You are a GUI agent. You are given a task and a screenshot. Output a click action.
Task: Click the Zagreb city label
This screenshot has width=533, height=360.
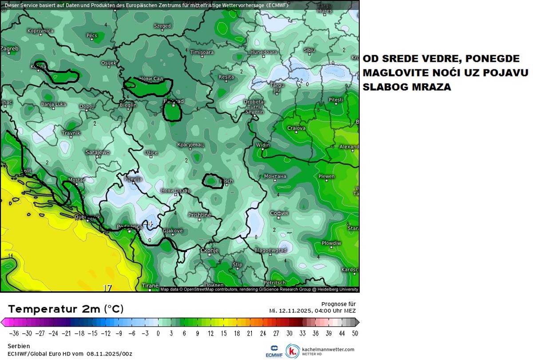coord(10,48)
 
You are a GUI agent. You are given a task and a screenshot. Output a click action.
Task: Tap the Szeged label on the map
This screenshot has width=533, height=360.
coord(162,26)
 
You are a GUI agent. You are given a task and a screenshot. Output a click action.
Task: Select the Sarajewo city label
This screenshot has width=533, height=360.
coord(97,152)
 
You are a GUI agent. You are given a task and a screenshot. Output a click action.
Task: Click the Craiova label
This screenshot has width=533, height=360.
coord(296,128)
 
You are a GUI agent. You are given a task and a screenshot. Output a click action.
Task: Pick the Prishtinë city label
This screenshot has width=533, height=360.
coord(199,215)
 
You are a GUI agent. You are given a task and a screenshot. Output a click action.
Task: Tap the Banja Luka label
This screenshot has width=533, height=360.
coord(53,104)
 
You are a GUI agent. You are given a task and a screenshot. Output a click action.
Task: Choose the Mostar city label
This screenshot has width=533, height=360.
coord(76,180)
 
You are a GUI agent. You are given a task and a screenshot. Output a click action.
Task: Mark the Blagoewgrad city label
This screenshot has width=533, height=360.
coord(270,250)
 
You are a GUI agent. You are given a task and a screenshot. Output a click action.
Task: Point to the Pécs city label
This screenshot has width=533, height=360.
coord(91,35)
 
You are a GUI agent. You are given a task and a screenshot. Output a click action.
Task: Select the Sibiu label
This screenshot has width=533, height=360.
coord(309,50)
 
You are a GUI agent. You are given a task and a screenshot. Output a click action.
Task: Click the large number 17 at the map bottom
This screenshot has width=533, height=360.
coord(107,288)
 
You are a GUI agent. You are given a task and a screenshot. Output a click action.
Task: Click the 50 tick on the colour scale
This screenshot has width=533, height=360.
coord(354,333)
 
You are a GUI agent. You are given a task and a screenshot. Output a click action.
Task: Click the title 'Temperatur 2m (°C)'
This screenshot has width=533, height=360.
coord(66,309)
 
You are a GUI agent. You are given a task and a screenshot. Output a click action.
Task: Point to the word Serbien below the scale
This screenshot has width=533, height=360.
coord(19,346)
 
